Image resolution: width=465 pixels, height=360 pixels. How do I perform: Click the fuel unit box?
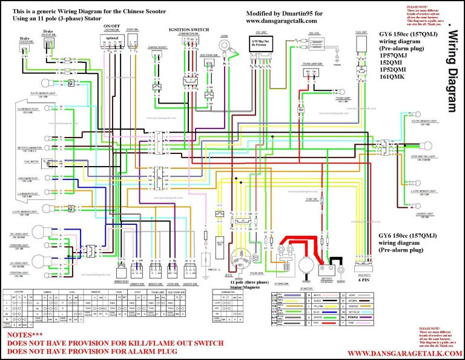coord(361,43)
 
